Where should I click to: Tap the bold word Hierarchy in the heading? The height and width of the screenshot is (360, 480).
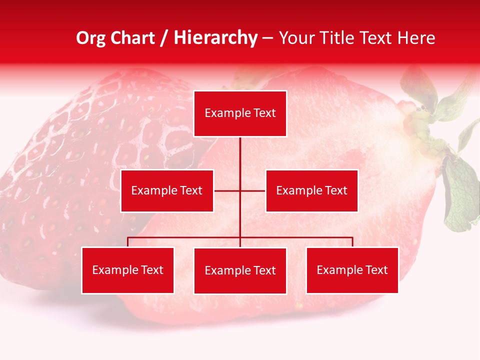click(215, 38)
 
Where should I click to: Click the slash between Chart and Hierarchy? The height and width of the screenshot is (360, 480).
click(164, 38)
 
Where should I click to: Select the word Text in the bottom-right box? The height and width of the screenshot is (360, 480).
click(376, 270)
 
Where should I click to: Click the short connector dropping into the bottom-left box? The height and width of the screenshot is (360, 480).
click(128, 242)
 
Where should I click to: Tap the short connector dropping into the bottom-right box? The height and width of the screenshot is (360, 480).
click(352, 242)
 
